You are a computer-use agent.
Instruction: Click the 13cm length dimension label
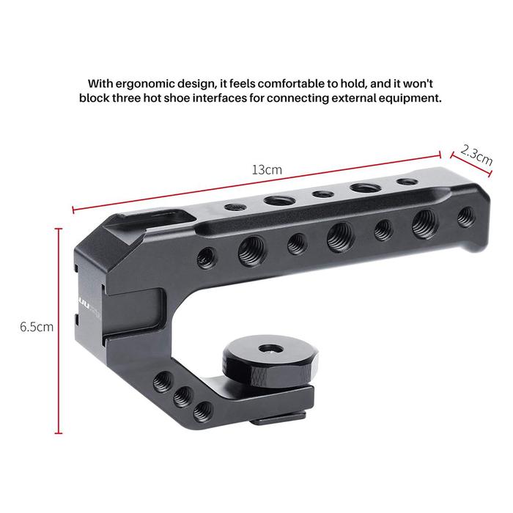point(267,170)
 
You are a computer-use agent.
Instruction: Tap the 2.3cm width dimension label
point(476,155)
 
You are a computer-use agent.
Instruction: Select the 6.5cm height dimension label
point(37,327)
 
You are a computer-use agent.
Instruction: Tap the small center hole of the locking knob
point(270,349)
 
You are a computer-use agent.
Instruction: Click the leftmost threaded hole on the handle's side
point(207,258)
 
